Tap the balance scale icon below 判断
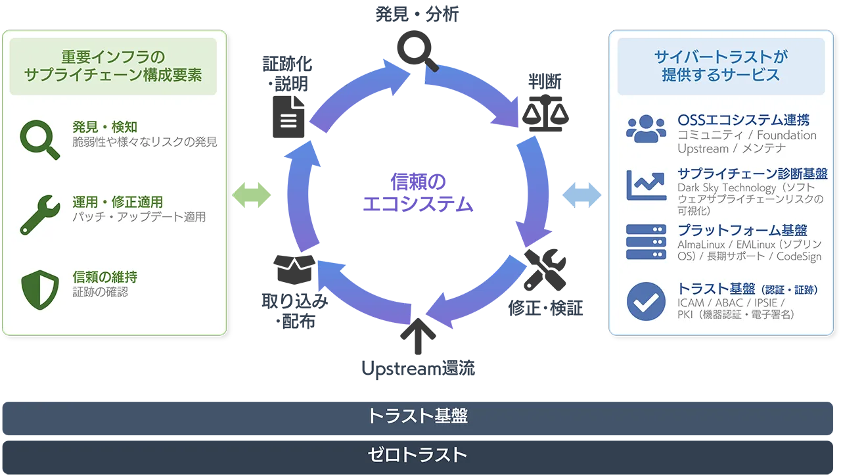(545, 113)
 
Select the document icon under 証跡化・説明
(288, 117)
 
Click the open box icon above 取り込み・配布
(294, 270)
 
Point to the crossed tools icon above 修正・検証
(545, 270)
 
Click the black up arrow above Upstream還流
(418, 336)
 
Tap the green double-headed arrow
(251, 195)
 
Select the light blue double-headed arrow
(581, 195)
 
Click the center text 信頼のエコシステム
(418, 193)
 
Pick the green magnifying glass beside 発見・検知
(39, 140)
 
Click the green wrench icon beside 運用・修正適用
(40, 215)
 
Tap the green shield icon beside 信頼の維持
(40, 290)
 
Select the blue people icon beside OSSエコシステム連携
(646, 128)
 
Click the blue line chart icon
(646, 185)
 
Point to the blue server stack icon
(646, 242)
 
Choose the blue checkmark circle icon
(646, 301)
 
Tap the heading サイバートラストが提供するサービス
(721, 66)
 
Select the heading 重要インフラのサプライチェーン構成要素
(113, 66)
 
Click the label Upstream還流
(419, 369)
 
